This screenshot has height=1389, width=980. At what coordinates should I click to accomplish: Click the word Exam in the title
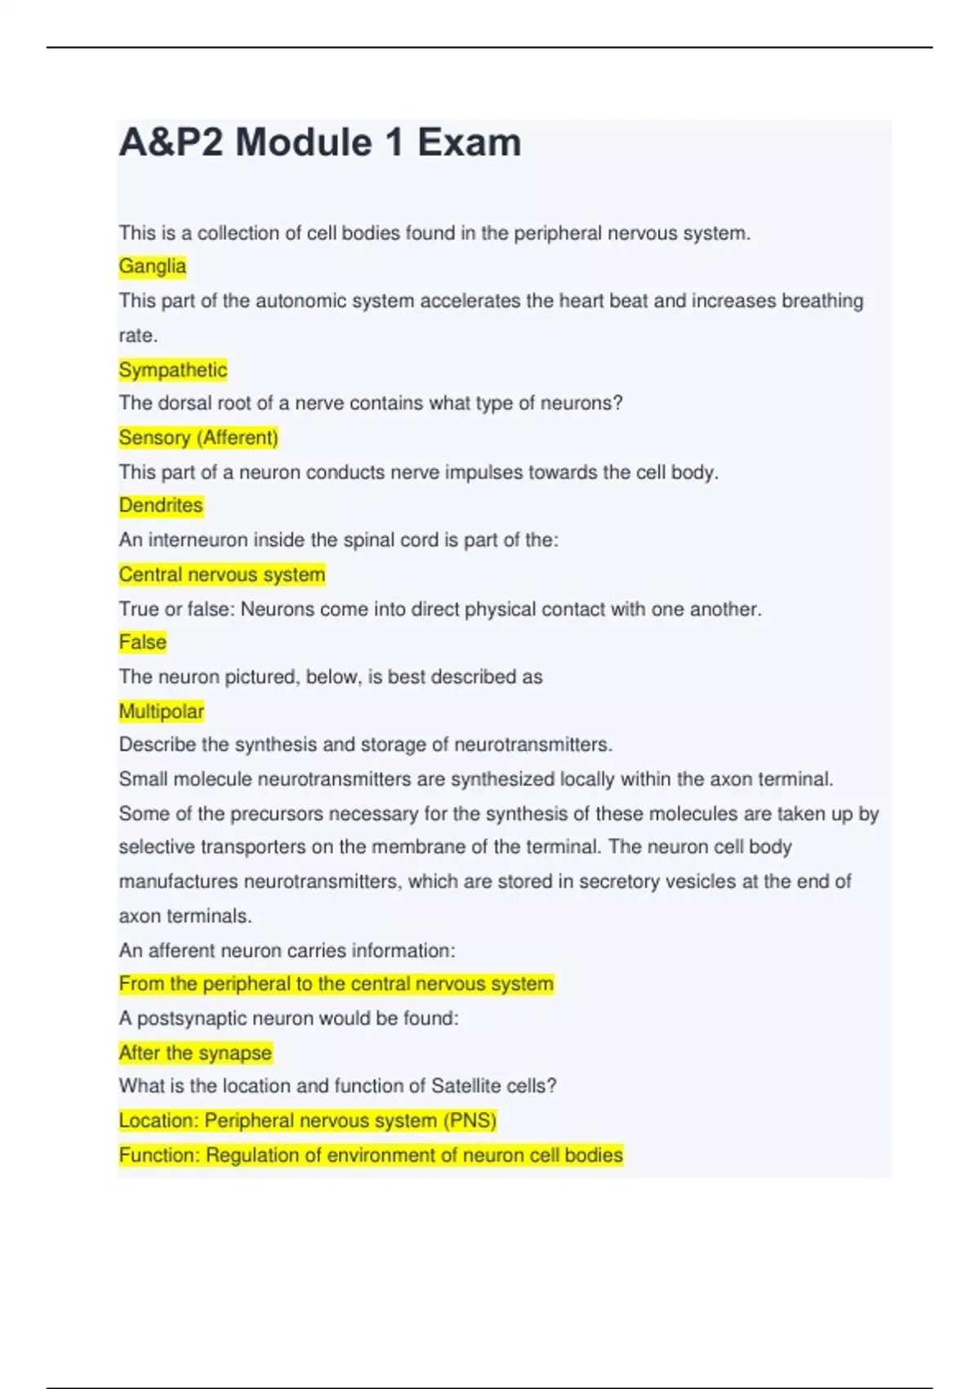(469, 143)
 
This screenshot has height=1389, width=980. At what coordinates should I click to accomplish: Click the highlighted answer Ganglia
(153, 266)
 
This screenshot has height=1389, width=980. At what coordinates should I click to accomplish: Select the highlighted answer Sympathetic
(173, 370)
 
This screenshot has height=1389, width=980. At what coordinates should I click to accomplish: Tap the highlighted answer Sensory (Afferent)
(198, 438)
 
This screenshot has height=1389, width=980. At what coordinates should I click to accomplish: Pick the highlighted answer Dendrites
(161, 506)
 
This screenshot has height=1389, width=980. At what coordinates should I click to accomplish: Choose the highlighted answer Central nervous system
(222, 575)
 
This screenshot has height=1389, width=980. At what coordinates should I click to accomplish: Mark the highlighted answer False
(143, 642)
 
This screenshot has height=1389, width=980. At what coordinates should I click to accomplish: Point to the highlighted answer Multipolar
(162, 712)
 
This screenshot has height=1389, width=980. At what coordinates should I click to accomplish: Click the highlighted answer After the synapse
(195, 1053)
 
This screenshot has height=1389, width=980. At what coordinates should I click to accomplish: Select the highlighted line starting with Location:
(307, 1121)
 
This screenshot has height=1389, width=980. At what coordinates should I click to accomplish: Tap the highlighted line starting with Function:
(371, 1155)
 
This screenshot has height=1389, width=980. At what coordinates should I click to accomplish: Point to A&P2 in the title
(171, 143)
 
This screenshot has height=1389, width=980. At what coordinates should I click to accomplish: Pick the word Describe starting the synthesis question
(158, 745)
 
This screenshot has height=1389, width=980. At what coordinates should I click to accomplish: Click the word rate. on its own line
(138, 336)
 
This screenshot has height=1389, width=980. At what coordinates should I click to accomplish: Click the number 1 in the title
(394, 143)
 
